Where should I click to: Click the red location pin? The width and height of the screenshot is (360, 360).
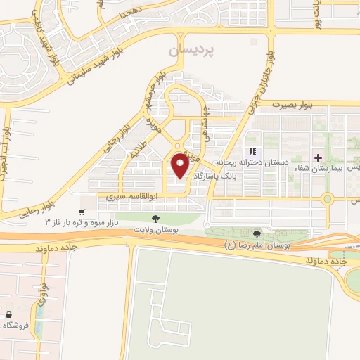tap(180, 167)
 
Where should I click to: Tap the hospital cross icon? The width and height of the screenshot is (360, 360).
tap(319, 157)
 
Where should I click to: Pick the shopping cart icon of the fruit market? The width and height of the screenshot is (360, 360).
tap(82, 212)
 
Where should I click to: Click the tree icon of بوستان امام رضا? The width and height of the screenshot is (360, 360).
tap(257, 233)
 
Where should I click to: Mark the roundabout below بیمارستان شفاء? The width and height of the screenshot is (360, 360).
tap(327, 199)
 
